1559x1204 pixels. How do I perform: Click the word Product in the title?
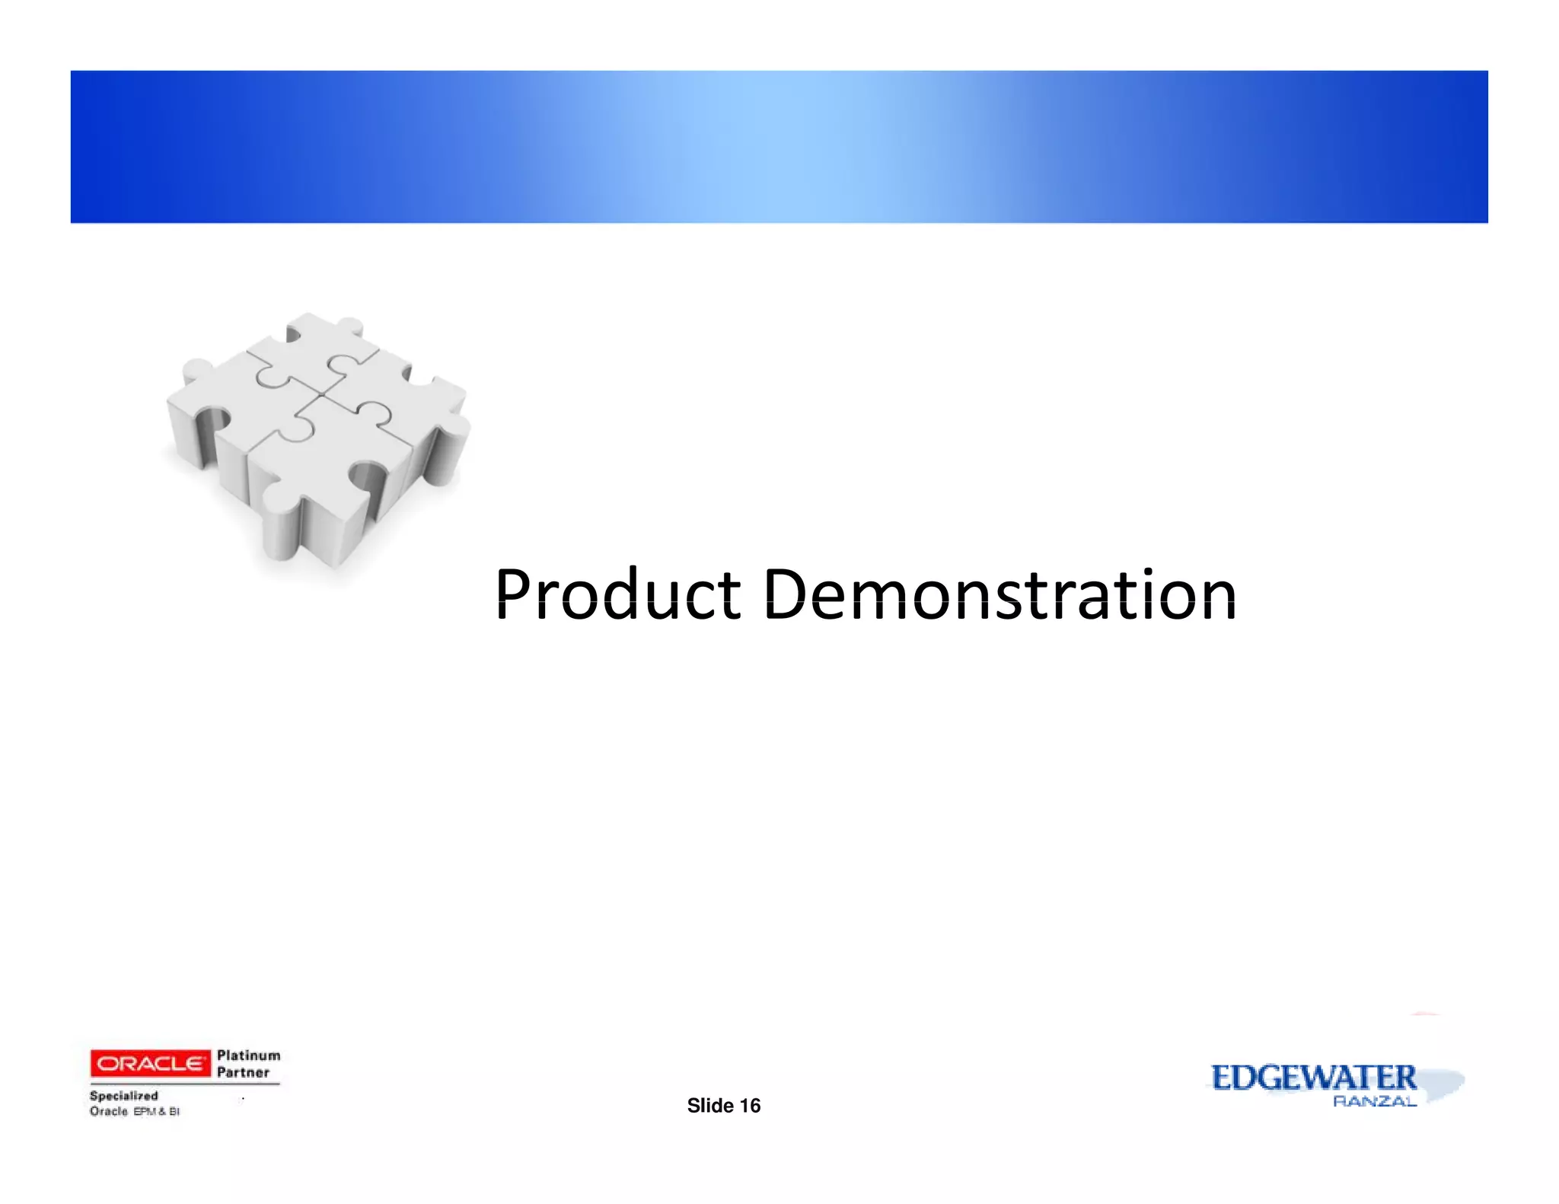click(617, 594)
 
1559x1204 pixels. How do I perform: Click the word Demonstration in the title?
click(999, 594)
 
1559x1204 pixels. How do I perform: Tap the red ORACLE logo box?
click(150, 1063)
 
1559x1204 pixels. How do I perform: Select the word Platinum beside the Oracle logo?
click(248, 1056)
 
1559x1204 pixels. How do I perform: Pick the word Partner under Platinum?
click(243, 1073)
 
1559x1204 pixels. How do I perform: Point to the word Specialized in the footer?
click(124, 1096)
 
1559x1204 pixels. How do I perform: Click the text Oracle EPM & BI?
click(135, 1112)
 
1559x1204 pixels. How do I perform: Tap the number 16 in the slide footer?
click(750, 1106)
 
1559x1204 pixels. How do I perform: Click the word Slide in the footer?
click(710, 1106)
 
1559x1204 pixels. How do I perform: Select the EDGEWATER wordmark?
click(1314, 1078)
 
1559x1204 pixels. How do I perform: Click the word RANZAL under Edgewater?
click(1375, 1101)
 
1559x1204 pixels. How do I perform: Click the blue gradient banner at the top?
click(779, 146)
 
